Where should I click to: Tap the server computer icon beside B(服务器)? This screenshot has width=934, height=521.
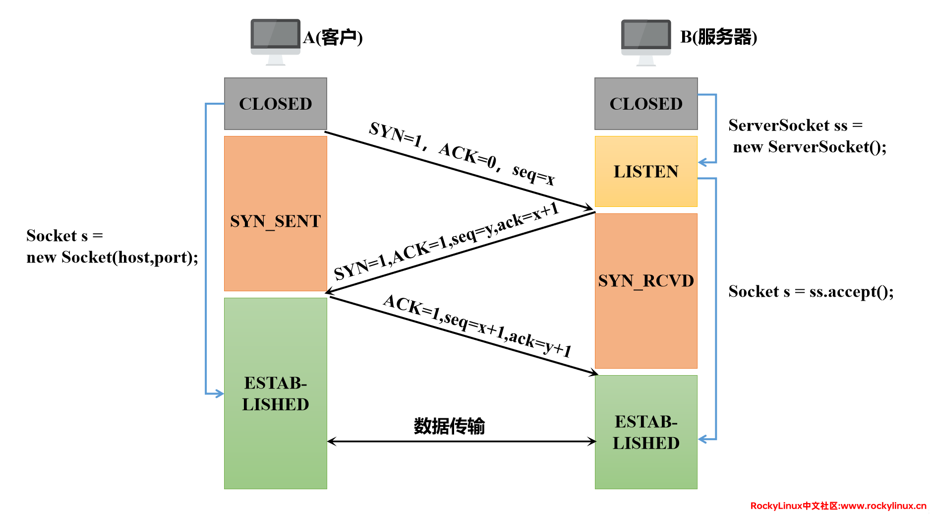645,41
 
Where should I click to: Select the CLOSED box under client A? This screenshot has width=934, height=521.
275,104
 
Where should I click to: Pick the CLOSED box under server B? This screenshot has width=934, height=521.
645,104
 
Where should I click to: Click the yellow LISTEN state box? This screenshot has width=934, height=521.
645,171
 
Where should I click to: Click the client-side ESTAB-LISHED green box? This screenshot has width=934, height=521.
275,393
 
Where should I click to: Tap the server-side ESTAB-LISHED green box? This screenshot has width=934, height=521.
645,432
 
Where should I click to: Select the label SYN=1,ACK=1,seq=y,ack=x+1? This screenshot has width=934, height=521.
446,242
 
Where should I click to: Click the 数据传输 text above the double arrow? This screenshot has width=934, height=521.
449,426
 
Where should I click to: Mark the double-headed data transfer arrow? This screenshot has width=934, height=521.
461,441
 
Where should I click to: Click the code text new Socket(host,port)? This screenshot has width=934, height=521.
112,258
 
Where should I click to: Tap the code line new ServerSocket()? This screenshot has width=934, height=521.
810,147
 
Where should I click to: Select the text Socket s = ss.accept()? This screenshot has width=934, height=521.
811,291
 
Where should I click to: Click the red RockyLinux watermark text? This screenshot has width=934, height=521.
838,506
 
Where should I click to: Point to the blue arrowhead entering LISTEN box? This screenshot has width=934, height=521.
703,162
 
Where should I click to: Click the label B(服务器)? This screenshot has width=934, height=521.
718,37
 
